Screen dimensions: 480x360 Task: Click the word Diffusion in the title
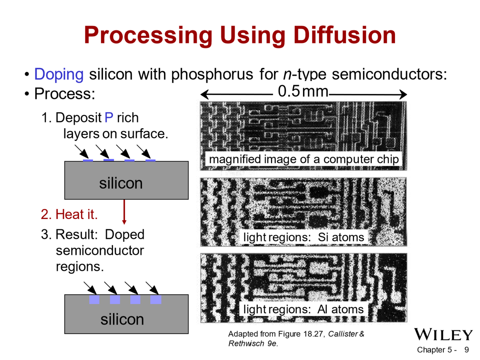click(344, 35)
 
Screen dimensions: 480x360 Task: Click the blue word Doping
click(59, 74)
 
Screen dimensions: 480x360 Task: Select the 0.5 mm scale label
click(303, 91)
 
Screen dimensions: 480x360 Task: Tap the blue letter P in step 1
click(109, 118)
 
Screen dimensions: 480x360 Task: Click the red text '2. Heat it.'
click(69, 214)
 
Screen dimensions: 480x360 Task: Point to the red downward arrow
click(124, 212)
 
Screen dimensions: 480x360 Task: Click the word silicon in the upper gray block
click(121, 183)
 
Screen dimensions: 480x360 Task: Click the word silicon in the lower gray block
click(122, 319)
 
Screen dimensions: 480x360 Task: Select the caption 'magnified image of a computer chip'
click(304, 159)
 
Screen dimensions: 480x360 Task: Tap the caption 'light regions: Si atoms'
click(304, 237)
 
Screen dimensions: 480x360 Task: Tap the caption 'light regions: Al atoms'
click(303, 309)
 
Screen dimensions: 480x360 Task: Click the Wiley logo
click(443, 334)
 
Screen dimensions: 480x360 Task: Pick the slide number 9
click(467, 350)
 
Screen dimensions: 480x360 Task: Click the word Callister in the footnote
click(343, 334)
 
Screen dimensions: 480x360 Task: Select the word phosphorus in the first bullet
click(212, 74)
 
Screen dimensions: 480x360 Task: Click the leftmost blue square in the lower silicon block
click(94, 299)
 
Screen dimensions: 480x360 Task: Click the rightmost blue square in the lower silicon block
click(156, 299)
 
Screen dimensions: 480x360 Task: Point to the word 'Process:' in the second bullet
click(65, 94)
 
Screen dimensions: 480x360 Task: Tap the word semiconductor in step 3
click(100, 251)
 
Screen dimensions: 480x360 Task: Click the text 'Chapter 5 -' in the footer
click(436, 350)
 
